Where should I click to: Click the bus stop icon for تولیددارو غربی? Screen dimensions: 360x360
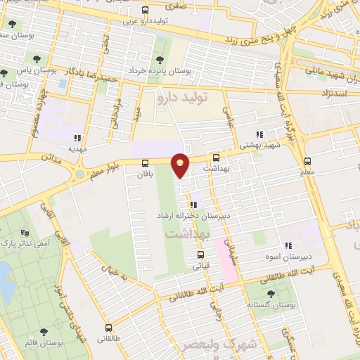[x=145, y=11]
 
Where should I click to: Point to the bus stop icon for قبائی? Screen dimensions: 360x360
[x=200, y=255]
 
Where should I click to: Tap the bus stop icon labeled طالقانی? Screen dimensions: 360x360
[x=108, y=328]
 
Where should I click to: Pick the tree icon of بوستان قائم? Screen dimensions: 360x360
[x=44, y=332]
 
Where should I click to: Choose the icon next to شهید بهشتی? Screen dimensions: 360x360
[x=259, y=134]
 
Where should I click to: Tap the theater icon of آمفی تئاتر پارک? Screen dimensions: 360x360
[x=26, y=232]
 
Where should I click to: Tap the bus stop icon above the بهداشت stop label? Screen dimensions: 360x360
[x=216, y=158]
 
